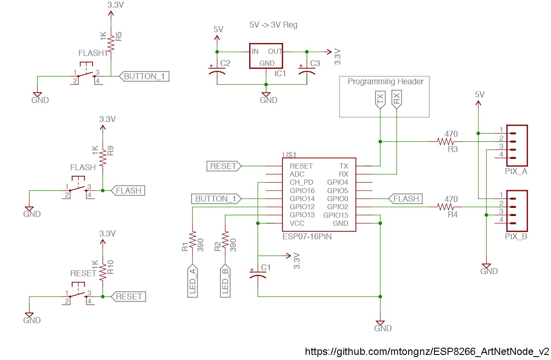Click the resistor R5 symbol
click(x=111, y=43)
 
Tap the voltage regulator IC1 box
click(x=266, y=55)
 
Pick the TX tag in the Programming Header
click(x=380, y=100)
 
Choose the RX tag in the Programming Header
click(x=396, y=100)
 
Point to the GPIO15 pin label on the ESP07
click(x=336, y=215)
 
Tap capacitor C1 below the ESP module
click(x=258, y=275)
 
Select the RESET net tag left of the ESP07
click(x=224, y=166)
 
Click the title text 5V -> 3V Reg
click(x=273, y=25)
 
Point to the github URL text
click(x=427, y=352)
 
